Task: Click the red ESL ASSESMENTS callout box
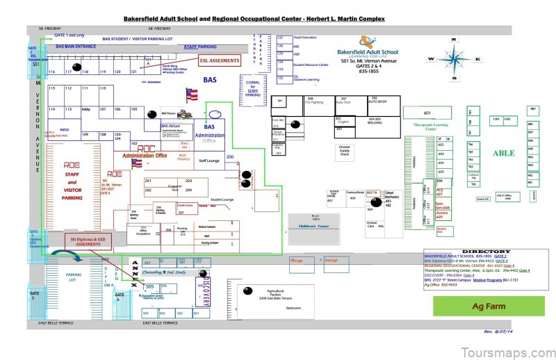point(220,60)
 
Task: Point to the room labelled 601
point(427,113)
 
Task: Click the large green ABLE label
point(504,153)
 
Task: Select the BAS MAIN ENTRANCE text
point(76,47)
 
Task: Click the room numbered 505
point(149,286)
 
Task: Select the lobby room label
point(86,109)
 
